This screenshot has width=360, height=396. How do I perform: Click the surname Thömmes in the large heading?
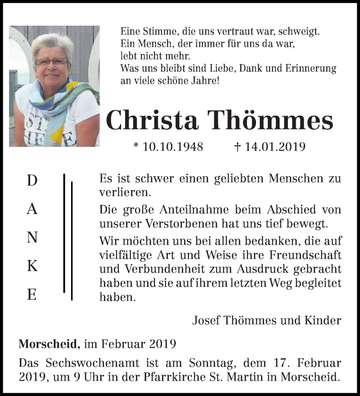point(271,120)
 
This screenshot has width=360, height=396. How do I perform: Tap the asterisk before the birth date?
point(136,146)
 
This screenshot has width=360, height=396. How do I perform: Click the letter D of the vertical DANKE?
point(32,181)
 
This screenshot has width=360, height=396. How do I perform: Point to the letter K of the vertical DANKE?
point(32,266)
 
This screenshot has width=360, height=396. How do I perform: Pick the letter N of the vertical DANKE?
point(32,238)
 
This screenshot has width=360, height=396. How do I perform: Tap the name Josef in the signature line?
point(205,321)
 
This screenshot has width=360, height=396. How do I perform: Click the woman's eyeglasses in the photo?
point(52,62)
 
